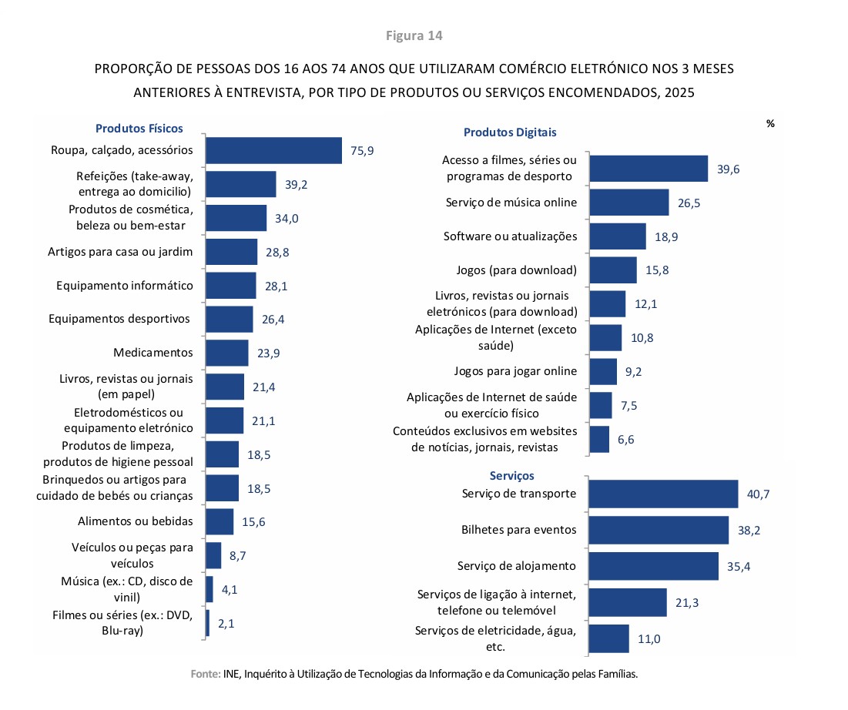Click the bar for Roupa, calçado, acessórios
point(273,150)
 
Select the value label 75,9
point(362,151)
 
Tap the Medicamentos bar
point(227,353)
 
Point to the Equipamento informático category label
point(125,286)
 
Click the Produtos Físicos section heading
point(139,129)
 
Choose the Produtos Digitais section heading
point(510,132)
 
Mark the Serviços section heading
point(511,476)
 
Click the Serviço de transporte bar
point(663,494)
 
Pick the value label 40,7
point(759,494)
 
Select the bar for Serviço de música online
point(628,203)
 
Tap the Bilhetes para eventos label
point(518,530)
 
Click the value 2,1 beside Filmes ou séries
point(226,624)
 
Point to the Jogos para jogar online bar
point(603,371)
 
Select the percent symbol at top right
point(769,123)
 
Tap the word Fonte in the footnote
point(206,674)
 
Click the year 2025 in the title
point(678,92)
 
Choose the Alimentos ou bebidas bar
point(220,521)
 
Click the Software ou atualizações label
point(510,236)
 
